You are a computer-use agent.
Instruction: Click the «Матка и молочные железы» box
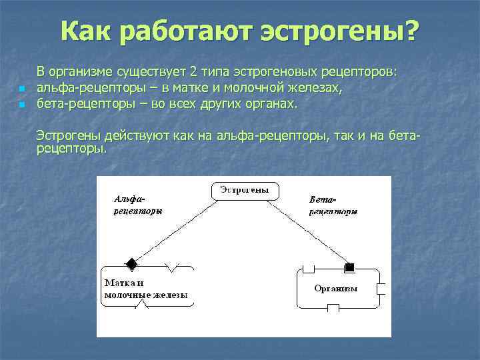(x=147, y=287)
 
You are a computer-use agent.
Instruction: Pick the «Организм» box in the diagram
(x=336, y=288)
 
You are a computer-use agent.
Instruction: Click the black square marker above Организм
(x=349, y=267)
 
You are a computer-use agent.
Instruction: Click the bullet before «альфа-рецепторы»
(x=22, y=89)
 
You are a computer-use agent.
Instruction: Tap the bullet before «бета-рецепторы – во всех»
(x=22, y=105)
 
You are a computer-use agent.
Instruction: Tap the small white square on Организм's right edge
(x=381, y=288)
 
